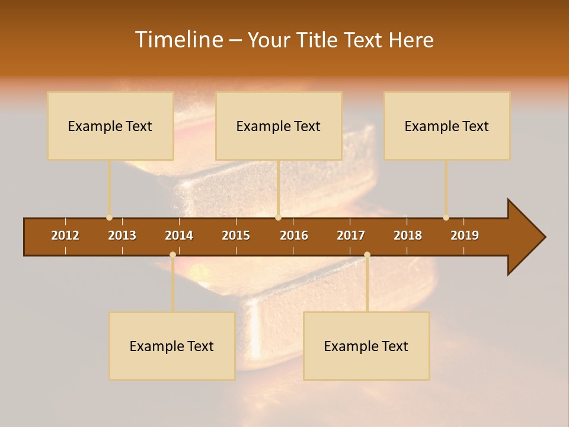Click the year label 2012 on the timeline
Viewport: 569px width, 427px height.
[65, 235]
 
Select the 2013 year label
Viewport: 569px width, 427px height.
[122, 235]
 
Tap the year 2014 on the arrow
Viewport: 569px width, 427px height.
[179, 235]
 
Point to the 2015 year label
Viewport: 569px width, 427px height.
[236, 235]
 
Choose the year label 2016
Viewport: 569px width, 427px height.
[294, 235]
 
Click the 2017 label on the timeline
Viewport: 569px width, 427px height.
[351, 235]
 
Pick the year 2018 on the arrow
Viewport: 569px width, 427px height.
[408, 235]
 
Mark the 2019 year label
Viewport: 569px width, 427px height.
[465, 235]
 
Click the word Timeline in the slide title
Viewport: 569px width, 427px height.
[178, 40]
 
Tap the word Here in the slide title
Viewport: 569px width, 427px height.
[411, 40]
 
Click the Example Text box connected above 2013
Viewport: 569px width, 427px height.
[110, 126]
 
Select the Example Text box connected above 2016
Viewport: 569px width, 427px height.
[279, 126]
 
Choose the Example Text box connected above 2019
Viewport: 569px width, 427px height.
[447, 126]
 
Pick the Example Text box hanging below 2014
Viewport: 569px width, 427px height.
[172, 346]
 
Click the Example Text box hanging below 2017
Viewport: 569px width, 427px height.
[366, 346]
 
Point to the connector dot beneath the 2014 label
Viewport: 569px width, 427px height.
[172, 254]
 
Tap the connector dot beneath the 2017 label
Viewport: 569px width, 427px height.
[367, 254]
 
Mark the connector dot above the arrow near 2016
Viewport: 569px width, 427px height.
[279, 218]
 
